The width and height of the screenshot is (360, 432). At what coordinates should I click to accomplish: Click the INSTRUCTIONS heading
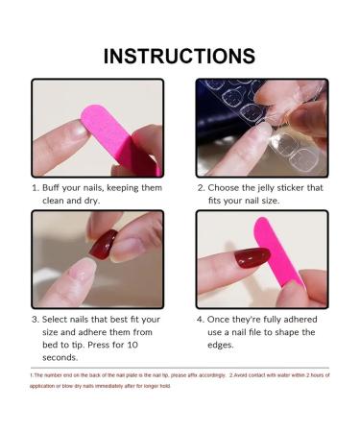pos(180,55)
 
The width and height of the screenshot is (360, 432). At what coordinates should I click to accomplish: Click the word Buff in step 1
pos(58,188)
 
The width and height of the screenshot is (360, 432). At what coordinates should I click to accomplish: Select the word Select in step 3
pos(60,319)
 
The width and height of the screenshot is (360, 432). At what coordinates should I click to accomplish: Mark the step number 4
pos(201,319)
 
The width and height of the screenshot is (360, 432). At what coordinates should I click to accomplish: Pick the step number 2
pos(201,188)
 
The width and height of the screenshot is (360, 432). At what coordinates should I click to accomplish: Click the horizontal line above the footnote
pos(180,367)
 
